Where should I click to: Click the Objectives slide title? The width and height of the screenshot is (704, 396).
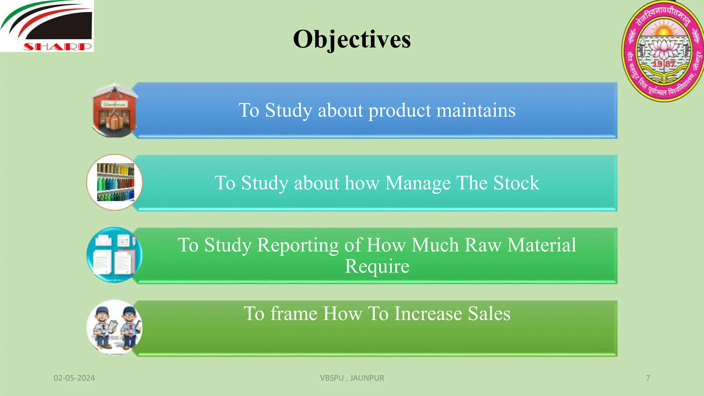tap(352, 39)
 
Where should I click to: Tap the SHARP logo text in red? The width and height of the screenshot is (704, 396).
tap(57, 46)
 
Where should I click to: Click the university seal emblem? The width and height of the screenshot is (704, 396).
tap(663, 51)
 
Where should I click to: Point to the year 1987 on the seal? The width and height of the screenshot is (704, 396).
tap(664, 64)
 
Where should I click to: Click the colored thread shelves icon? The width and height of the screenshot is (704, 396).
tap(114, 182)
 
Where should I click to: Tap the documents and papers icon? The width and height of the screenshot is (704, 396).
tap(114, 255)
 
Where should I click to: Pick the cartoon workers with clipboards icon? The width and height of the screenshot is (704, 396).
tap(114, 327)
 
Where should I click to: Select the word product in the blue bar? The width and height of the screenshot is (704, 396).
tap(400, 111)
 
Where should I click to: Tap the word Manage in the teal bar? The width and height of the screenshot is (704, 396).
tap(417, 184)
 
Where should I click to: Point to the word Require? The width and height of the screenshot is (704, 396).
tap(377, 266)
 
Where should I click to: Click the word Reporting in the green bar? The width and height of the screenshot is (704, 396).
tap(298, 245)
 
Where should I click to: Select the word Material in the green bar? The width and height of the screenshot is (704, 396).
tap(541, 245)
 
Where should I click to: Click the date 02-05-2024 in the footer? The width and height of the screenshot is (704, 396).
tap(74, 378)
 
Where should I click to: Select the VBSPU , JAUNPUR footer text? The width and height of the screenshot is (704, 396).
tap(352, 378)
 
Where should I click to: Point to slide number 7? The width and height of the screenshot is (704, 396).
tap(648, 378)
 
